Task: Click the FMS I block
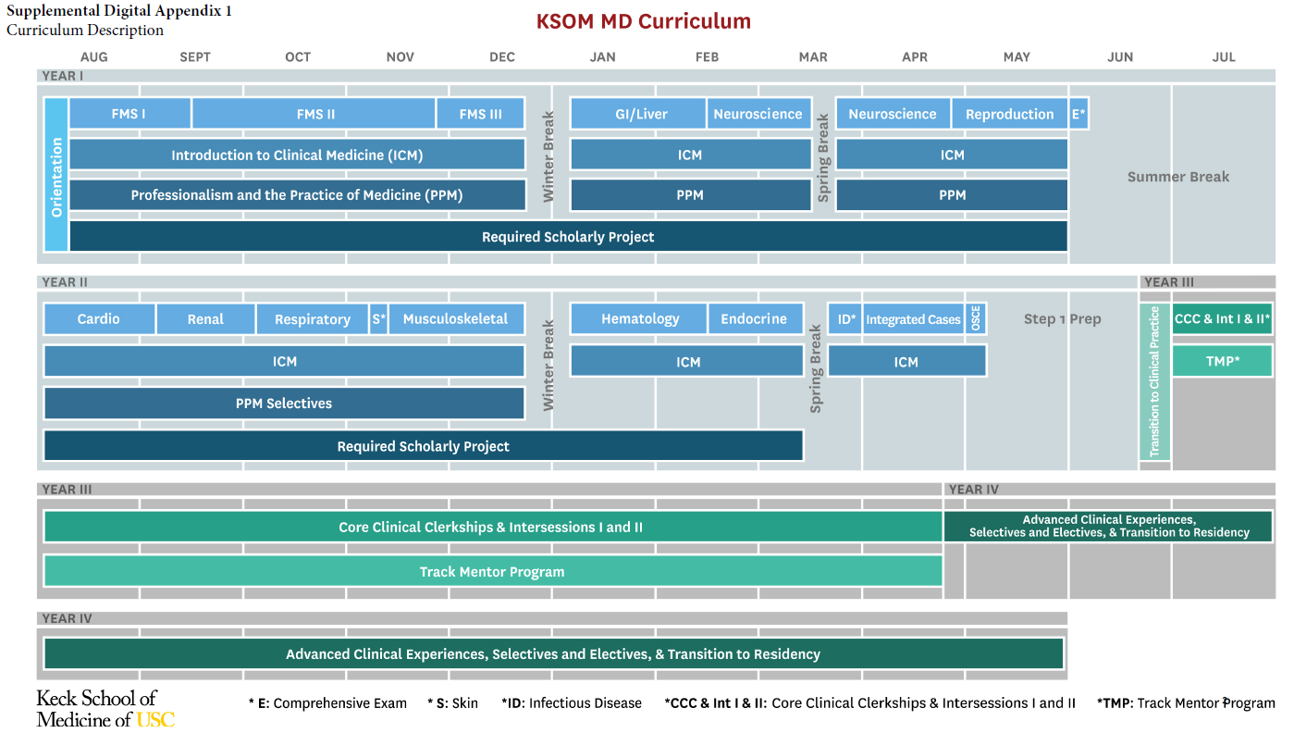pos(129,114)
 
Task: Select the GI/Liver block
pos(638,114)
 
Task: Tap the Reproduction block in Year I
pos(1009,114)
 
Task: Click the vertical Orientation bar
pos(56,175)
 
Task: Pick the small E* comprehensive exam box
pos(1078,114)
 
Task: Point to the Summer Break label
pos(1177,177)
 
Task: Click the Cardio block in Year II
pos(99,318)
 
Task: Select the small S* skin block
pos(378,318)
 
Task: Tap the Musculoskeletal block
pos(456,318)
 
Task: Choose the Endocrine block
pos(754,318)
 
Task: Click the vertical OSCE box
pos(976,318)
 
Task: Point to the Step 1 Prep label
pos(1062,319)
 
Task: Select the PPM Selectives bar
pos(284,404)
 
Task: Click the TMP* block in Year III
pos(1222,361)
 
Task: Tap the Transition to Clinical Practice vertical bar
pos(1154,381)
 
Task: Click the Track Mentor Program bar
pos(492,571)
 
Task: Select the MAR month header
pos(813,57)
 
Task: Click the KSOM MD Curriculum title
pos(644,21)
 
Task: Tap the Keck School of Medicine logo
pos(105,708)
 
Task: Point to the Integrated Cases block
pos(913,319)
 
